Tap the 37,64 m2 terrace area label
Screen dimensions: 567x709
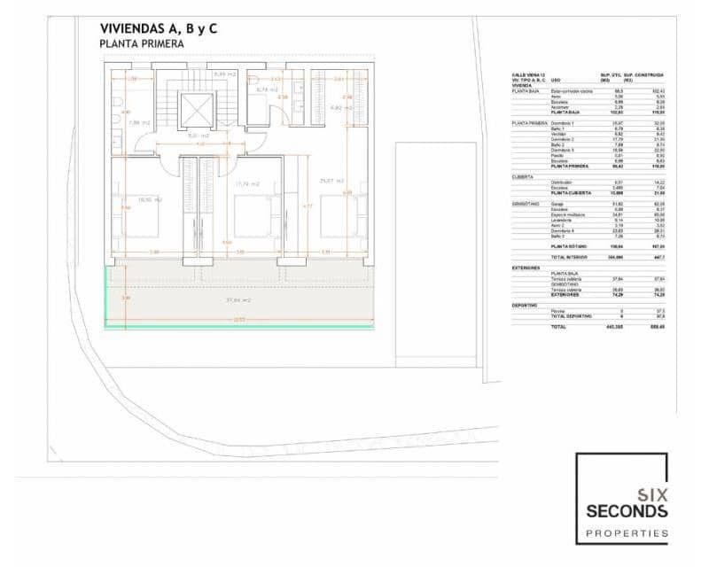239,300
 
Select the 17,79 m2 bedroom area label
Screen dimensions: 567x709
248,184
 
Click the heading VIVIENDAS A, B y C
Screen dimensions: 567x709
159,29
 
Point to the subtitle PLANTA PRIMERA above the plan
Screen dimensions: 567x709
142,44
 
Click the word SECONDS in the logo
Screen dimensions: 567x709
627,511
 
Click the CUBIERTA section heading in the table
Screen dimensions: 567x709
523,176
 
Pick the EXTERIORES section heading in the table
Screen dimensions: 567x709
526,267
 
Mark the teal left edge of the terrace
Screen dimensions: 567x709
106,296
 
